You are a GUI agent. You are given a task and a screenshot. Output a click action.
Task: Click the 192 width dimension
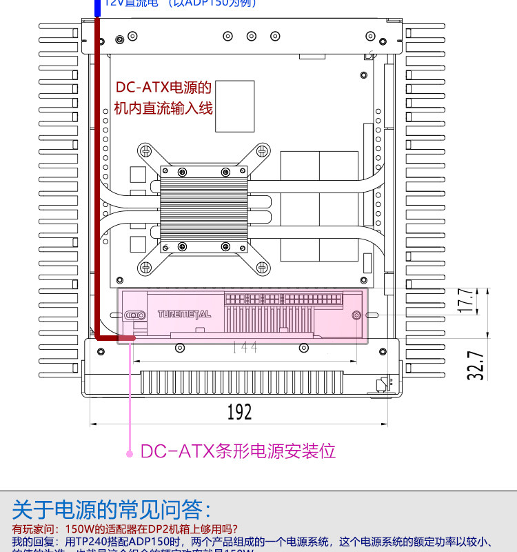coord(239,412)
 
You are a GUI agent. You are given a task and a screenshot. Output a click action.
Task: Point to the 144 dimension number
coord(245,347)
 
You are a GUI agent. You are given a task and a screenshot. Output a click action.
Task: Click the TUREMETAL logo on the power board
coord(184,314)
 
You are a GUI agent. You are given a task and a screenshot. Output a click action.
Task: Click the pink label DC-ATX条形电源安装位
coord(238,451)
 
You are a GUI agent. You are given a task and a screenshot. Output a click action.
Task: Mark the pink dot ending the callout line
coord(129,453)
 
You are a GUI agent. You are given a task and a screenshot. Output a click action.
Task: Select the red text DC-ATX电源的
coord(163,88)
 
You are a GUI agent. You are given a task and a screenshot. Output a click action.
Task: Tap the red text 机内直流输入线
coord(163,108)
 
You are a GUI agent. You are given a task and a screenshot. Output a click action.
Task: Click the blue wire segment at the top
coord(98,7)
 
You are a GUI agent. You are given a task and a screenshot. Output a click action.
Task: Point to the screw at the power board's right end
coord(356,315)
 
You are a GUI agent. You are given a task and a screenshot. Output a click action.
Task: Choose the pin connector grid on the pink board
coord(283,300)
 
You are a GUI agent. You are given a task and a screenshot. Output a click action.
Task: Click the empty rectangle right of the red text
coord(234,106)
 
